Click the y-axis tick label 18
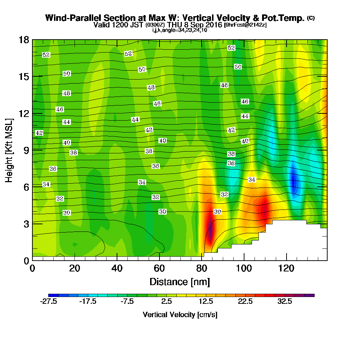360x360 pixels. pyautogui.click(x=23, y=40)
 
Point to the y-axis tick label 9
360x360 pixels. pyautogui.click(x=26, y=150)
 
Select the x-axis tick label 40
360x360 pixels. pyautogui.click(x=117, y=268)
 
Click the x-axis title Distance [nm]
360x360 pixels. pyautogui.click(x=180, y=281)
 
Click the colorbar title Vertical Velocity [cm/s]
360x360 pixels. pyautogui.click(x=180, y=315)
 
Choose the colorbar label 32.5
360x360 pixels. pyautogui.click(x=284, y=302)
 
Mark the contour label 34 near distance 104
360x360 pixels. pyautogui.click(x=252, y=179)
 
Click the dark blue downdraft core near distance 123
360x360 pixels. pyautogui.click(x=293, y=180)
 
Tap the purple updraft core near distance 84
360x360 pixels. pyautogui.click(x=210, y=230)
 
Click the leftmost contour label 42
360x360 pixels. pyautogui.click(x=39, y=133)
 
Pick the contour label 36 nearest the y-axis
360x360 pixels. pyautogui.click(x=53, y=168)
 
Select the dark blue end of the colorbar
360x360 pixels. pyautogui.click(x=51, y=295)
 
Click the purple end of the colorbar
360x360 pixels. pyautogui.click(x=312, y=295)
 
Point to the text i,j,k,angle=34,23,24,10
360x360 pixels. pyautogui.click(x=180, y=30)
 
